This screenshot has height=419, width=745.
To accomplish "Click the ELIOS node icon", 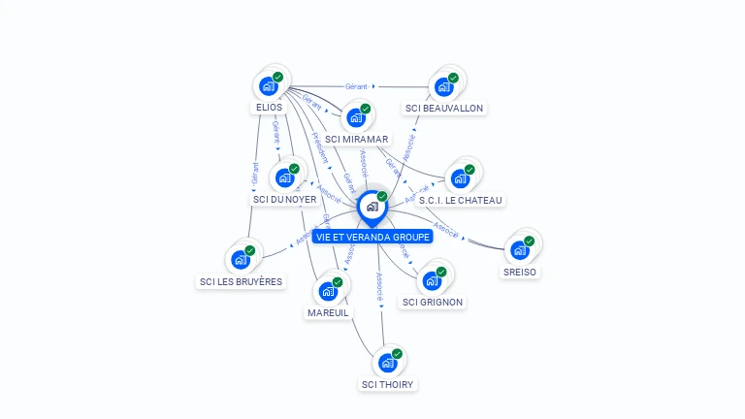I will (269, 86).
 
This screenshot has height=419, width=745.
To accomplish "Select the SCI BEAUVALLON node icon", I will (444, 86).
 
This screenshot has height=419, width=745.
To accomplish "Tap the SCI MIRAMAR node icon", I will (356, 117).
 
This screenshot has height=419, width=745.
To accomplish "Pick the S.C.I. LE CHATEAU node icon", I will (461, 178).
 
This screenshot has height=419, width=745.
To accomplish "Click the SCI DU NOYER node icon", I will (284, 177).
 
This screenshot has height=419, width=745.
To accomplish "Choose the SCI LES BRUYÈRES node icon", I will (241, 260).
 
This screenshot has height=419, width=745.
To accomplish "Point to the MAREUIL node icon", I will (328, 291).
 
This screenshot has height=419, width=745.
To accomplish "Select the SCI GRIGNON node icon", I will (432, 281).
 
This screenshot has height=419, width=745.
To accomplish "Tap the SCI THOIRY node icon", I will (388, 363).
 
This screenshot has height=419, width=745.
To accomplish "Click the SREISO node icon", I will (520, 250).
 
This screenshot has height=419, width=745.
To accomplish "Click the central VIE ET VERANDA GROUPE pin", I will (372, 207).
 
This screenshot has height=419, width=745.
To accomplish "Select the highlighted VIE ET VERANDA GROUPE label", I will (372, 237).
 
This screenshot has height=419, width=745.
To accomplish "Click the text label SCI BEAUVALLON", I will (444, 109).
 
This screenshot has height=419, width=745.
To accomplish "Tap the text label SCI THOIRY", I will (388, 385).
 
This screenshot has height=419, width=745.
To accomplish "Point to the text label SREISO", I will (520, 273).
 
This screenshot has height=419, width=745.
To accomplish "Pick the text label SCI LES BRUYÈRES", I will (241, 282).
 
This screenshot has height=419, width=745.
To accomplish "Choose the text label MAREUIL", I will (328, 313).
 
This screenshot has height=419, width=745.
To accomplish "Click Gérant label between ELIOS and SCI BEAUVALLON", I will (358, 86).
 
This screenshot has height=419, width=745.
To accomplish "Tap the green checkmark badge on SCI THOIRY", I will (397, 354).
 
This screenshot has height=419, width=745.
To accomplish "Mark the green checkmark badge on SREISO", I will (529, 242).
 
